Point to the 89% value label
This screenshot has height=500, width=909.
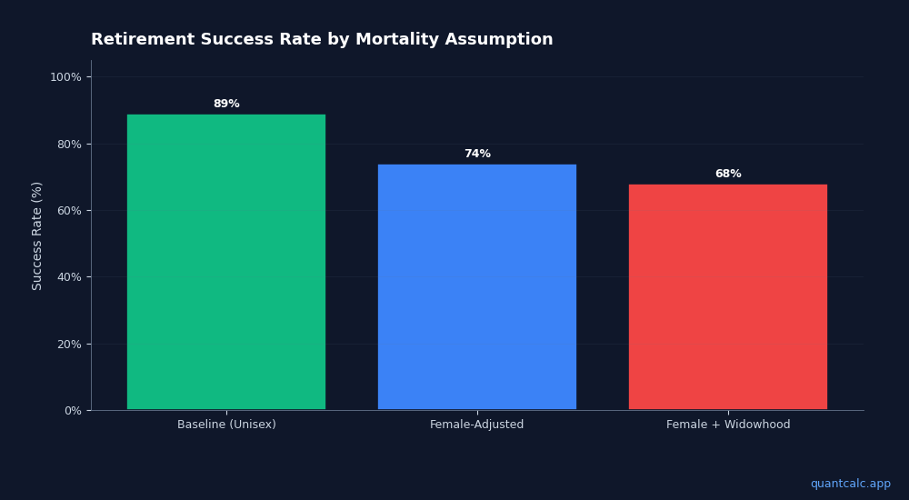pyautogui.click(x=226, y=105)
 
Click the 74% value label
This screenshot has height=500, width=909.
pyautogui.click(x=477, y=155)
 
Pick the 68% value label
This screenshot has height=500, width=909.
pyautogui.click(x=728, y=175)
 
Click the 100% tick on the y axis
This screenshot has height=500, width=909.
pyautogui.click(x=65, y=77)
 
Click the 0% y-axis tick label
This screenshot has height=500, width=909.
pyautogui.click(x=72, y=411)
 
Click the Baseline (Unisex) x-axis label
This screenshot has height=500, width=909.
pyautogui.click(x=226, y=425)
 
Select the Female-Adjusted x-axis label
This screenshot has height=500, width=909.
pyautogui.click(x=477, y=425)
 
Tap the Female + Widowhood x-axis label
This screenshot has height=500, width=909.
pyautogui.click(x=728, y=425)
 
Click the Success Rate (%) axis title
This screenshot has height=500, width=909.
pyautogui.click(x=37, y=235)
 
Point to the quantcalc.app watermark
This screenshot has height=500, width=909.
pyautogui.click(x=850, y=485)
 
